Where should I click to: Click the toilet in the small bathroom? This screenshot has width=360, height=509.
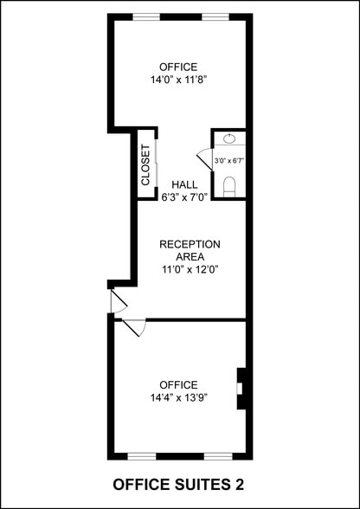[x=229, y=184]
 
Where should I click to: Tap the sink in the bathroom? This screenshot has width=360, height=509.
[x=229, y=139]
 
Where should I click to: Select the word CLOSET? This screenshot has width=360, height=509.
[x=145, y=164]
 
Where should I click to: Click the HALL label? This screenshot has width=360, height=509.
[x=184, y=184]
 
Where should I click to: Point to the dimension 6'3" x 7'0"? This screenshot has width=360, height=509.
[x=184, y=197]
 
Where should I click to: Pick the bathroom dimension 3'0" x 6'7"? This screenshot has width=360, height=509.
[x=229, y=160]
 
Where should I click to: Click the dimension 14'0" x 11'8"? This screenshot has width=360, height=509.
[x=178, y=79]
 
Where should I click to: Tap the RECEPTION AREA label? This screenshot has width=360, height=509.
[x=190, y=250]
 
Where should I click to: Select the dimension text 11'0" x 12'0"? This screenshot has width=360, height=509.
[x=190, y=269]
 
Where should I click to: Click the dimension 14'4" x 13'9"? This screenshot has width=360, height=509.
[x=178, y=397]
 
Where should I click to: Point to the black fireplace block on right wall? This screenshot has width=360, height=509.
[x=243, y=388]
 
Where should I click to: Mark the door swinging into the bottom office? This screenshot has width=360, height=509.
[x=134, y=328]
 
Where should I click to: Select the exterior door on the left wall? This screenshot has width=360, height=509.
[x=118, y=300]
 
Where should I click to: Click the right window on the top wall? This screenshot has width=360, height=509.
[x=215, y=16]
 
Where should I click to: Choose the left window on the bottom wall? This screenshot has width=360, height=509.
[x=141, y=455]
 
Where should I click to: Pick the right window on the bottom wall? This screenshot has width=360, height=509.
[x=217, y=455]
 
